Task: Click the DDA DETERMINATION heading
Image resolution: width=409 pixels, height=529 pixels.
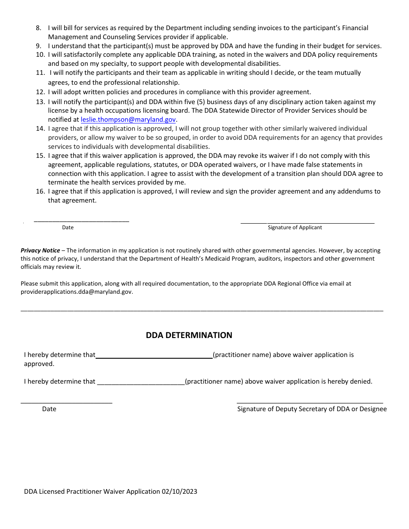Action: pos(189,335)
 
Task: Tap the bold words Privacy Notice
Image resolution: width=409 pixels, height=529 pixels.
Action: pos(40,250)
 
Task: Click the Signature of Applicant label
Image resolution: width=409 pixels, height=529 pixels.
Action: pos(295,228)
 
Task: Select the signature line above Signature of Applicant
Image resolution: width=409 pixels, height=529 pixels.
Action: pos(307,223)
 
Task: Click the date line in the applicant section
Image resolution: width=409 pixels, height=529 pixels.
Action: pos(81,221)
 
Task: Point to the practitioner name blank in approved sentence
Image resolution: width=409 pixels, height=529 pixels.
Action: pos(154,357)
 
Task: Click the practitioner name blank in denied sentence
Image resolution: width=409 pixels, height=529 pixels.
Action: pos(141,383)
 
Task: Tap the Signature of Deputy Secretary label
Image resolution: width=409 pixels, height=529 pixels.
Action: pos(312,409)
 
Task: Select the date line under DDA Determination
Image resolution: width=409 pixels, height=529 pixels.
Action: pos(67,403)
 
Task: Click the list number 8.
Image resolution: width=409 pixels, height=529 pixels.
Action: pos(38,28)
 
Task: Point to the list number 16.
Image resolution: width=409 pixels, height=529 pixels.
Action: pos(40,191)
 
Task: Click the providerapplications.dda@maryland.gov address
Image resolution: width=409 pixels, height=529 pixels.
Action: pos(77,292)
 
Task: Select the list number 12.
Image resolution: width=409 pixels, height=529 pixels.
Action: pos(40,92)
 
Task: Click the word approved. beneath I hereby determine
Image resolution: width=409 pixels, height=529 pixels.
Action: pos(39,364)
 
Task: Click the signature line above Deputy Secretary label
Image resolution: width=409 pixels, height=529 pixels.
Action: pos(310,403)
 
